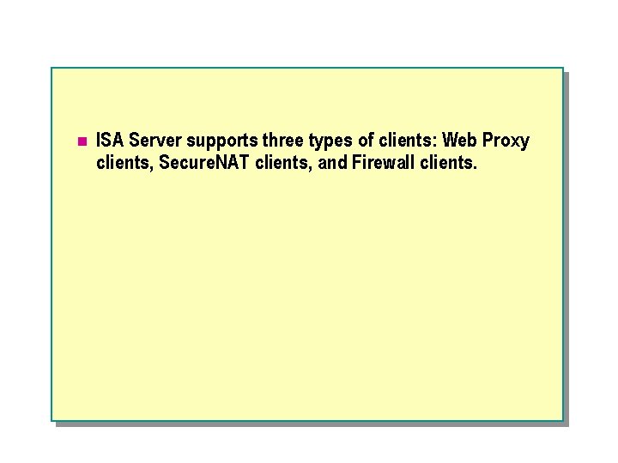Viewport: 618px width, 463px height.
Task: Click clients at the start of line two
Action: [x=124, y=161]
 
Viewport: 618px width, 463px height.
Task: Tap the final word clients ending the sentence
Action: [x=447, y=161]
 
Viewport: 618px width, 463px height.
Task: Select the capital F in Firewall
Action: [x=356, y=161]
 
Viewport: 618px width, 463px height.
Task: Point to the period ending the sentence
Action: [x=474, y=166]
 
